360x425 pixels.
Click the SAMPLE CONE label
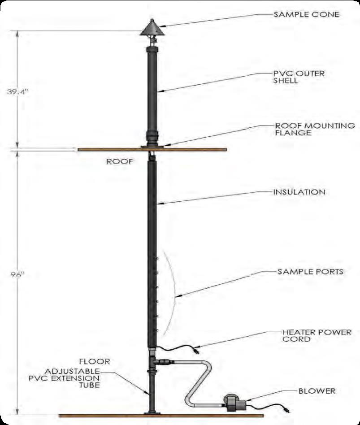(306, 14)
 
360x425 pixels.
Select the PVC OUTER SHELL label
(299, 77)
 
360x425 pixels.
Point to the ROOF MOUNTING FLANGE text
(315, 129)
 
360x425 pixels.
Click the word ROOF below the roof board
(120, 161)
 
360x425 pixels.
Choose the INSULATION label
(299, 192)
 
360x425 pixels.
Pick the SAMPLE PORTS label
(310, 272)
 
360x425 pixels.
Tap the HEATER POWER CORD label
(317, 335)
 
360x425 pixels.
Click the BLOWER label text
(317, 391)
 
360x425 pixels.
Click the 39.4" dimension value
(17, 91)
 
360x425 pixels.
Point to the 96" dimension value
(17, 274)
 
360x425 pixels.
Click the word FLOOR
(95, 361)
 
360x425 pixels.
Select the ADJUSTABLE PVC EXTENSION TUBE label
(65, 378)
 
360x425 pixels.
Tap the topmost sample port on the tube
(157, 259)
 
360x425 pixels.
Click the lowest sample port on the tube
(157, 330)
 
